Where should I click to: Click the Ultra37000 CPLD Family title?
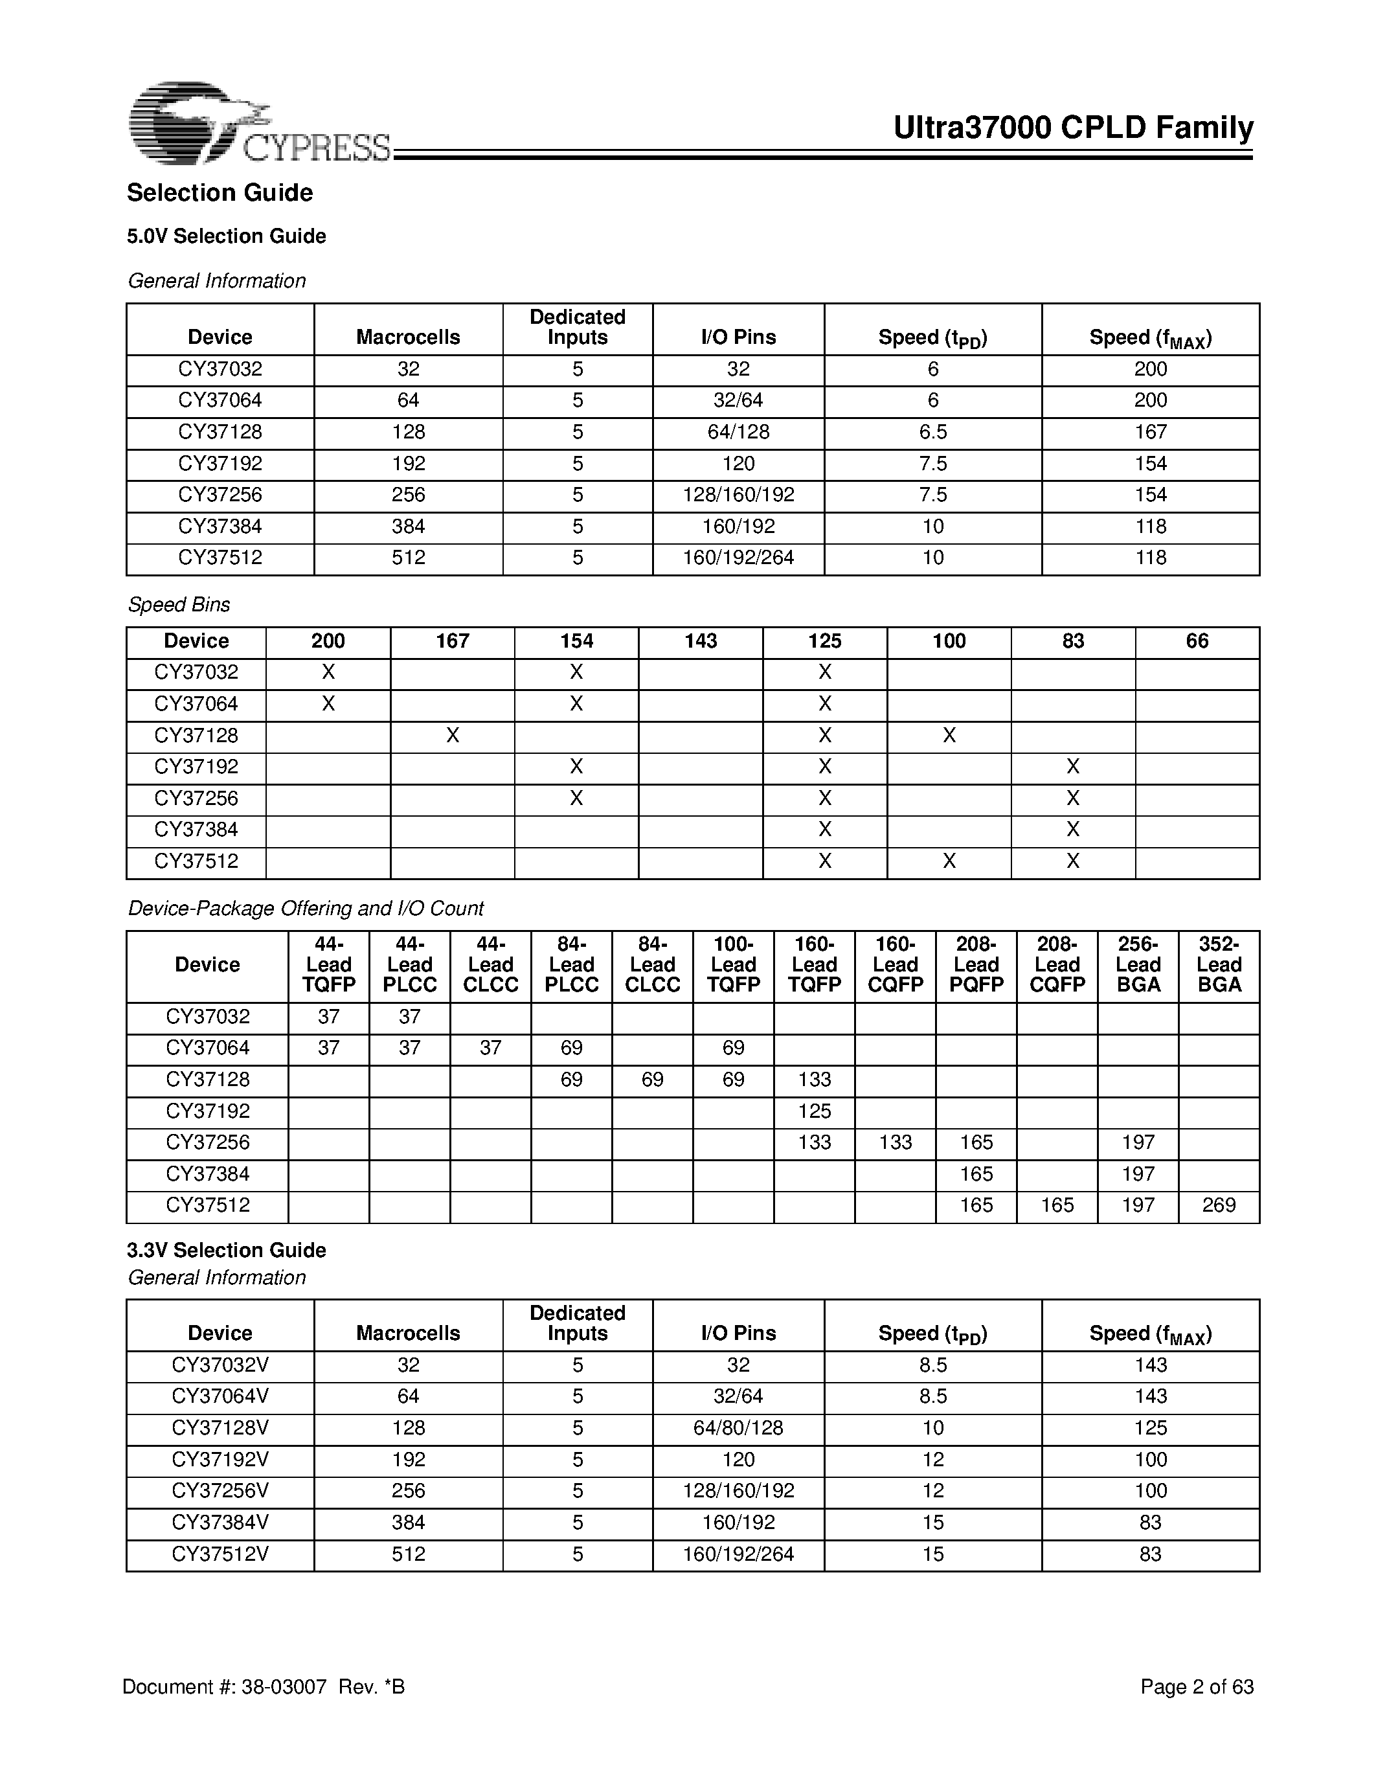tap(1073, 128)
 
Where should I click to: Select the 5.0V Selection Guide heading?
tap(227, 236)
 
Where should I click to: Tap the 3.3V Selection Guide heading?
tap(227, 1250)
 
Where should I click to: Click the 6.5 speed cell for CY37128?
tap(932, 432)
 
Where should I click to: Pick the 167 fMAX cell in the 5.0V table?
tap(1150, 432)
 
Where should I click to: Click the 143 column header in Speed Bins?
tap(700, 641)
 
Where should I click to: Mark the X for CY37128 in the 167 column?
tap(453, 736)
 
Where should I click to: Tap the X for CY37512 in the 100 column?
tap(949, 861)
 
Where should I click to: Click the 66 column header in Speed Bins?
tap(1197, 641)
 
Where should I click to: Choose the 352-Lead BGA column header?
tap(1219, 965)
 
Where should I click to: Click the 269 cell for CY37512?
tap(1219, 1205)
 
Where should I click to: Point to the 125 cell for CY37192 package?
tap(815, 1111)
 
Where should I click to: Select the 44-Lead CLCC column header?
tap(490, 965)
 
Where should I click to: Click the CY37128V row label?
tap(220, 1428)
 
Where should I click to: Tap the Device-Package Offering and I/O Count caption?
tap(306, 909)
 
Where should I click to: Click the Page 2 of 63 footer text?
tap(1196, 1687)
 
